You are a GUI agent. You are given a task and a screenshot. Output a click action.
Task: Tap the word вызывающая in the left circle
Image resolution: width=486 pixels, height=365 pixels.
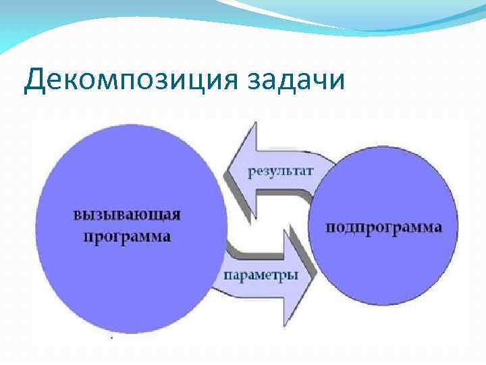[127, 216]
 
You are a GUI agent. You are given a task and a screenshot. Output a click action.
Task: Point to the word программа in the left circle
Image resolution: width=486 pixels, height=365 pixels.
[127, 237]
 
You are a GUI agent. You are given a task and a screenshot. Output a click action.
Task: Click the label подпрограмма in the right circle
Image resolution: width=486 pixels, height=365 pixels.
[385, 227]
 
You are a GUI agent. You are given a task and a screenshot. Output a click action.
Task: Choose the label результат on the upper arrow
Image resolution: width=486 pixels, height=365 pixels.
[280, 171]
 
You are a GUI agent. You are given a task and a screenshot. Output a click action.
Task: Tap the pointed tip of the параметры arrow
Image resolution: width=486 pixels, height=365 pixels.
[315, 274]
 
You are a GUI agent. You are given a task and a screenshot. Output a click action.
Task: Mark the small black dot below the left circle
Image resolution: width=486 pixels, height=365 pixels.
[112, 336]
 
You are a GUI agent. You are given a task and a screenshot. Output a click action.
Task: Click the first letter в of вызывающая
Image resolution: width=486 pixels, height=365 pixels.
[78, 216]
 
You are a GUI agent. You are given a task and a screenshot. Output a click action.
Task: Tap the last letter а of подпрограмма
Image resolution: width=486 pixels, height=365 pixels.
[438, 227]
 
